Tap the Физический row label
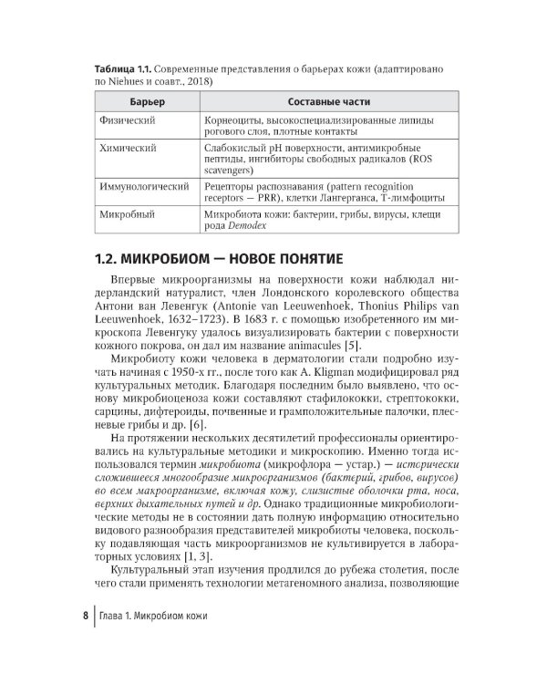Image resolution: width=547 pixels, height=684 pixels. pyautogui.click(x=129, y=120)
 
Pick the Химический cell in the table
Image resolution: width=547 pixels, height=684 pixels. pyautogui.click(x=129, y=148)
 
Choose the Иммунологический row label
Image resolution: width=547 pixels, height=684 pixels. pyautogui.click(x=143, y=186)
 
